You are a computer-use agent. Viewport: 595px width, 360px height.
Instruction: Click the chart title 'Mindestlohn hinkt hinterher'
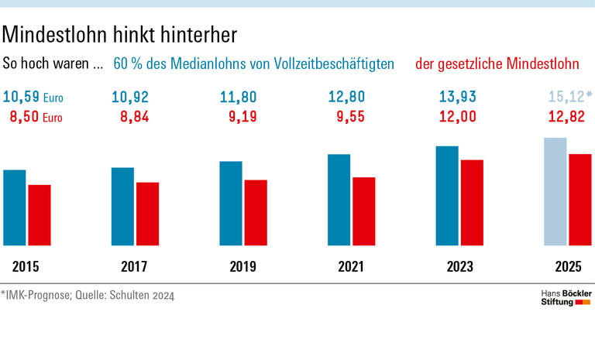click(x=119, y=34)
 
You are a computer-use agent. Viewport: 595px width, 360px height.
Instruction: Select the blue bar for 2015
click(x=15, y=207)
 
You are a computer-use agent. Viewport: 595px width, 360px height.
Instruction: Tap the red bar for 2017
click(x=147, y=214)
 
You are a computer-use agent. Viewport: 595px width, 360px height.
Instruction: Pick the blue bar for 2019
click(x=231, y=204)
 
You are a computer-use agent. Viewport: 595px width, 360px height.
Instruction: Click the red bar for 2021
click(x=364, y=211)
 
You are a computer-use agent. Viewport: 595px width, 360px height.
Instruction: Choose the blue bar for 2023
click(x=447, y=196)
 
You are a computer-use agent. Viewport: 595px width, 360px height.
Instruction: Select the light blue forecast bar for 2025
click(x=555, y=192)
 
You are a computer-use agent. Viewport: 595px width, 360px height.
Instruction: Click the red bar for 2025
click(x=580, y=200)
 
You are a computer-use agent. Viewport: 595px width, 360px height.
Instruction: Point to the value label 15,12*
click(x=569, y=97)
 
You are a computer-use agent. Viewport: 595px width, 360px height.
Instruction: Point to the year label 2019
click(x=243, y=268)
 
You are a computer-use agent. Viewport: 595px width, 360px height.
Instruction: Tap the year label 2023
click(x=460, y=268)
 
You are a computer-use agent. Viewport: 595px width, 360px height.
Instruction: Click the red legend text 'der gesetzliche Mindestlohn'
click(x=503, y=64)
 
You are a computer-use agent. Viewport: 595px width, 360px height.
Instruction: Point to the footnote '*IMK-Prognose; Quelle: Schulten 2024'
click(x=88, y=295)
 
